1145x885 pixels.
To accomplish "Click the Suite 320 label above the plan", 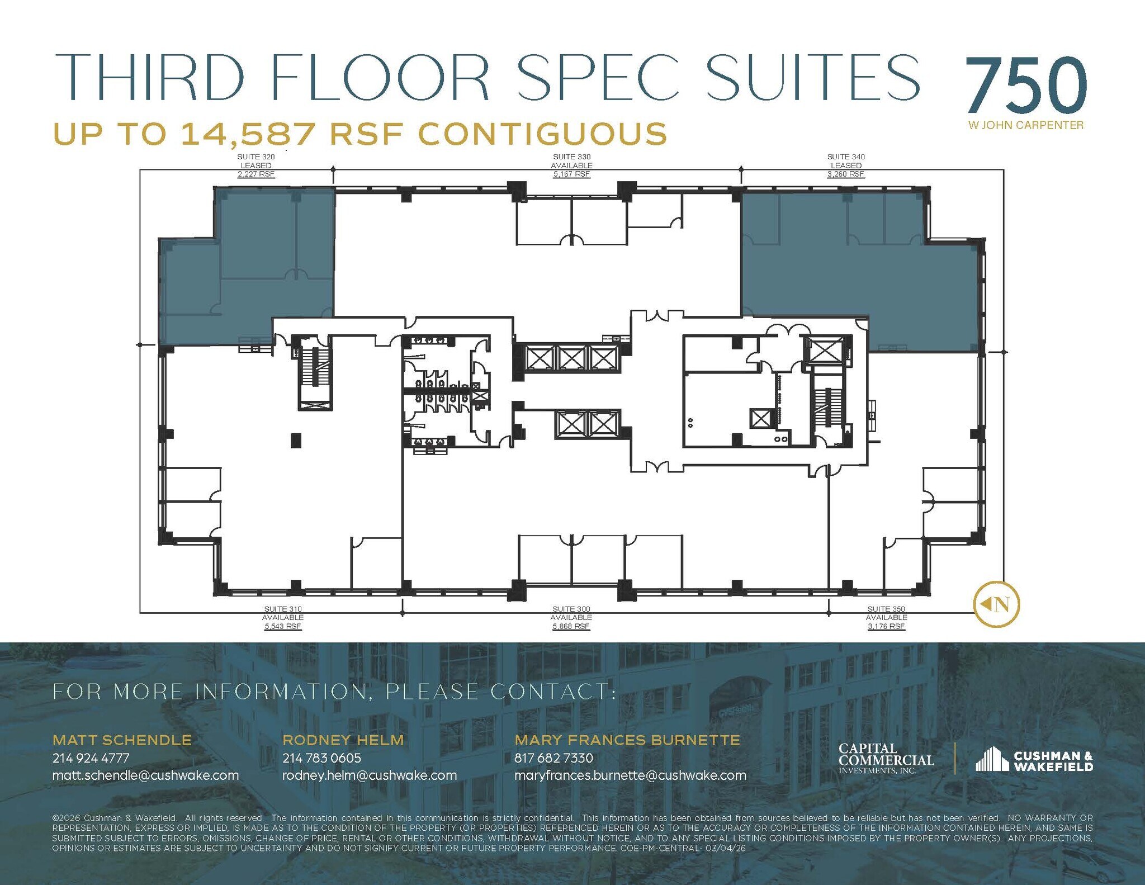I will [256, 157].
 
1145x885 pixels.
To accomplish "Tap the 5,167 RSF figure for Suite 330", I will [571, 174].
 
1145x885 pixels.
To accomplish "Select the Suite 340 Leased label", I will [846, 165].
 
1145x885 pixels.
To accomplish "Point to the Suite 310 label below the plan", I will [283, 609].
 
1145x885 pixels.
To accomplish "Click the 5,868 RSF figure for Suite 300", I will [571, 627].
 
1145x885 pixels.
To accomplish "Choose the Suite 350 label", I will [886, 609].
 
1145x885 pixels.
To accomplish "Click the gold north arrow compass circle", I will [996, 604].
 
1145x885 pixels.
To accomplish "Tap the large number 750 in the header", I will [1025, 86].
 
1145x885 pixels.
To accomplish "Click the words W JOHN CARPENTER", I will [1026, 125].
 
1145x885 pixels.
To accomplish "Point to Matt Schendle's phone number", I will [91, 758].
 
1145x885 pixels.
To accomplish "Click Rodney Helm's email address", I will [370, 775].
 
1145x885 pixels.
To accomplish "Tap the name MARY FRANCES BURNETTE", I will [627, 740].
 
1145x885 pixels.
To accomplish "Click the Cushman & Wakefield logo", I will [1034, 760].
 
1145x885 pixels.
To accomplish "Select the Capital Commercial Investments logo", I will [886, 759].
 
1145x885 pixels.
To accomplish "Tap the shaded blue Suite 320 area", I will [252, 268].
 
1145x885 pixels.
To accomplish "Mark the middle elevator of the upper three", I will [571, 358].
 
